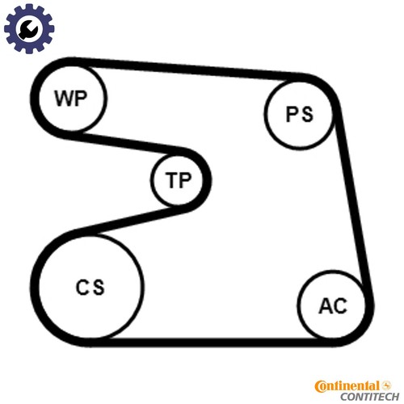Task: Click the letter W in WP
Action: click(64, 99)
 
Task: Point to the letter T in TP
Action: click(171, 179)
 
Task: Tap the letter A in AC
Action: click(326, 305)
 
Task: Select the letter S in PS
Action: click(307, 114)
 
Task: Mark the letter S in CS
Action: click(98, 287)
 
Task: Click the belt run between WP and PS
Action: click(188, 69)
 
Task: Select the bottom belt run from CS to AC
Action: click(213, 342)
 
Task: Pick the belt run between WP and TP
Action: click(128, 142)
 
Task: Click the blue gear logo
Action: click(29, 28)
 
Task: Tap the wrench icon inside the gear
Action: click(28, 29)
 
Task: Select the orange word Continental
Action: click(347, 386)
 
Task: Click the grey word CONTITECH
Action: click(369, 397)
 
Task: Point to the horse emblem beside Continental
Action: click(386, 385)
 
